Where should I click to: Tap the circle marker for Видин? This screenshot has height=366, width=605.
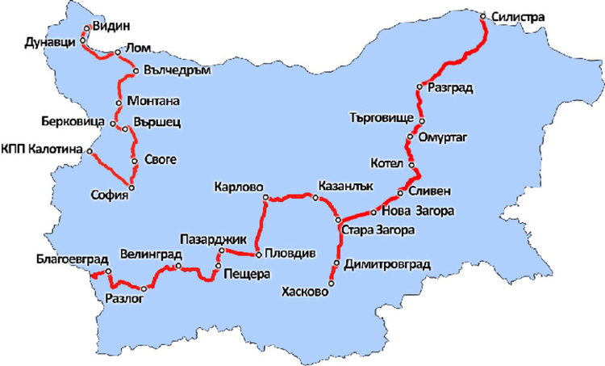point(87,27)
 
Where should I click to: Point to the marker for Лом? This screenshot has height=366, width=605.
point(118,52)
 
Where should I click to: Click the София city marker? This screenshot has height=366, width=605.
point(131,187)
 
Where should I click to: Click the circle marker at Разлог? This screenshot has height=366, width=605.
point(144,288)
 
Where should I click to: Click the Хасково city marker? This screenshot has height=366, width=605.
point(331,284)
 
